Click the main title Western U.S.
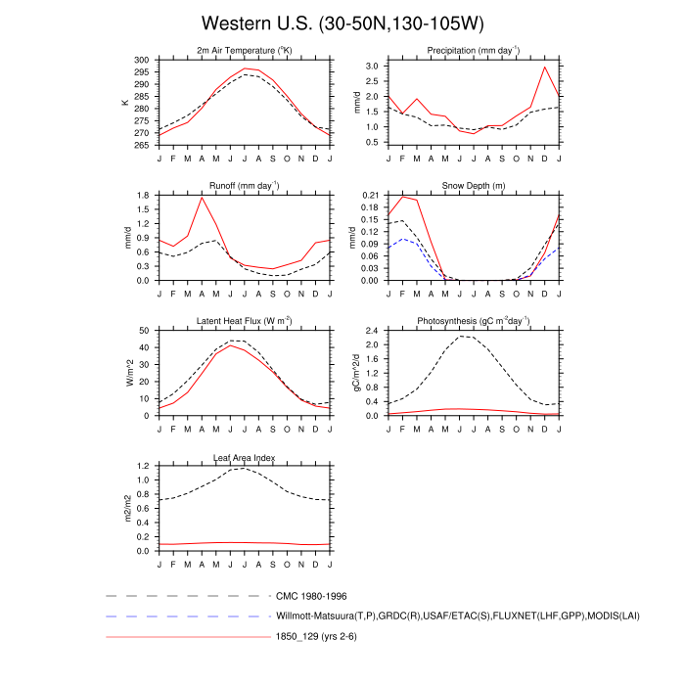click(x=342, y=23)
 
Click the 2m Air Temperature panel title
click(x=245, y=50)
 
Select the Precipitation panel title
click(x=474, y=50)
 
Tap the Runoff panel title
click(x=245, y=185)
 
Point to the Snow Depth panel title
click(x=474, y=185)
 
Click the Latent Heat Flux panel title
click(x=245, y=321)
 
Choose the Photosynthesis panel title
click(x=474, y=321)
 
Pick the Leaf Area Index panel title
click(x=245, y=457)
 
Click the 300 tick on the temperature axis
click(x=143, y=60)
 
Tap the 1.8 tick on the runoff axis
click(x=143, y=196)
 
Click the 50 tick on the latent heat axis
click(x=145, y=331)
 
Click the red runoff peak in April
click(x=202, y=198)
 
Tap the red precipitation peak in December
click(x=545, y=67)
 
